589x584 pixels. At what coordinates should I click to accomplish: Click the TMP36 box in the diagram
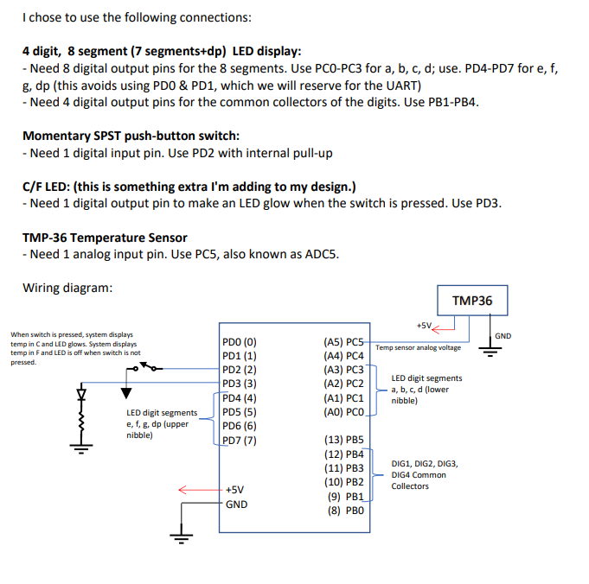[472, 300]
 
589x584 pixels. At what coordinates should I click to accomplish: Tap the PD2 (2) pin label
[239, 369]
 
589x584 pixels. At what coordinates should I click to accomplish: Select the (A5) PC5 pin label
[348, 340]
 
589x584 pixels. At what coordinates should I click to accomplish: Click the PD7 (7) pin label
[239, 440]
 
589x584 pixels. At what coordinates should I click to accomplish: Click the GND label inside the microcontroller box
[236, 504]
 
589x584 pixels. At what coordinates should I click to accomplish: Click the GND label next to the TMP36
[503, 335]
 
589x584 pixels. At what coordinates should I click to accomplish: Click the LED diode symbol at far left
[83, 396]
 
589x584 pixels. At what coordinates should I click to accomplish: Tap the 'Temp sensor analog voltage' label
[419, 348]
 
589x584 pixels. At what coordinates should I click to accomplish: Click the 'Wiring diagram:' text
[67, 288]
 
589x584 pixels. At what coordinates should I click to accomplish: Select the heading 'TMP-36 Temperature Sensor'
[105, 238]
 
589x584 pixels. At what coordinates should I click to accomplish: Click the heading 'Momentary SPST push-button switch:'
[131, 136]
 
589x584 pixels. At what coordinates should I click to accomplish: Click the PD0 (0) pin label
[239, 340]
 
